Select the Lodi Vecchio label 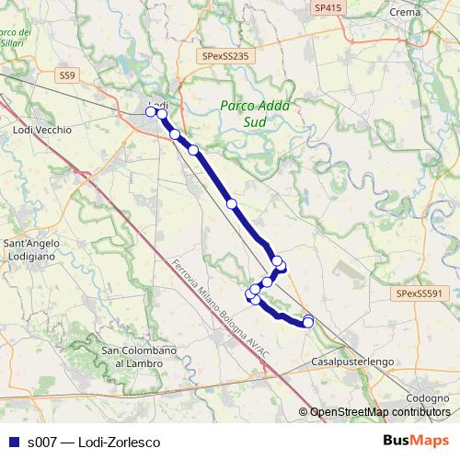41,131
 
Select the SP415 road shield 327,7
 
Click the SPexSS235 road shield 225,55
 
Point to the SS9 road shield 65,75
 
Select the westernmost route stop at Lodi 151,112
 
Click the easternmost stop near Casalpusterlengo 308,321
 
